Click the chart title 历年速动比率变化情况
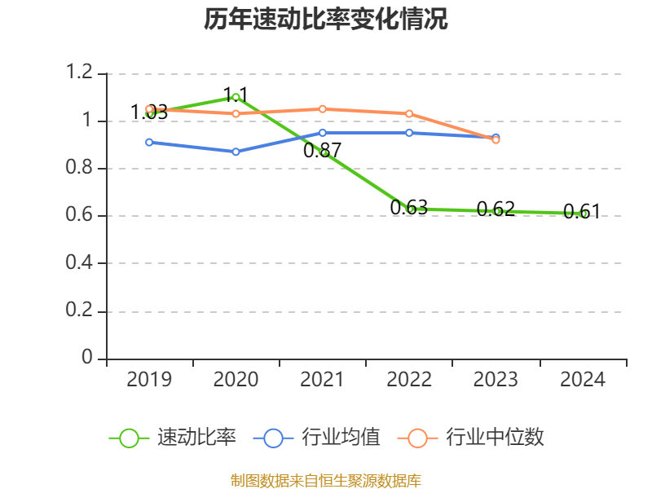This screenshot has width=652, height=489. [325, 19]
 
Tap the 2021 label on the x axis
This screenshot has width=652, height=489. [322, 379]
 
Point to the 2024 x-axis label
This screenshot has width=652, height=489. [582, 379]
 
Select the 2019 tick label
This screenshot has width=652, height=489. [149, 379]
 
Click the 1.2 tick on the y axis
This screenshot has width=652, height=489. [79, 72]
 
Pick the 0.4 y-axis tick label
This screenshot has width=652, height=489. [79, 262]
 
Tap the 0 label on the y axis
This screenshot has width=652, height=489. [87, 357]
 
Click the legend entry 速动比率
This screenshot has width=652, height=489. [173, 438]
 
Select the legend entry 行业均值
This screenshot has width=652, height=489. [317, 438]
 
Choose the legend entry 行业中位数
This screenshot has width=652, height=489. [471, 438]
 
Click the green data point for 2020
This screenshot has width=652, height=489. [236, 97]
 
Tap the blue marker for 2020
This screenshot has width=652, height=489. [236, 152]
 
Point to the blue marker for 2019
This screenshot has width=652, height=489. [149, 142]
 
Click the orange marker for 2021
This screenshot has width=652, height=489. [322, 109]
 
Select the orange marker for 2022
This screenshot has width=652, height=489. [409, 113]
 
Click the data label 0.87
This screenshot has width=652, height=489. [322, 150]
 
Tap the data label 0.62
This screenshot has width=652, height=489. [496, 209]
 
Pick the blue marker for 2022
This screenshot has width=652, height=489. [409, 133]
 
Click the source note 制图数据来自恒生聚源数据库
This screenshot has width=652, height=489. [326, 481]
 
